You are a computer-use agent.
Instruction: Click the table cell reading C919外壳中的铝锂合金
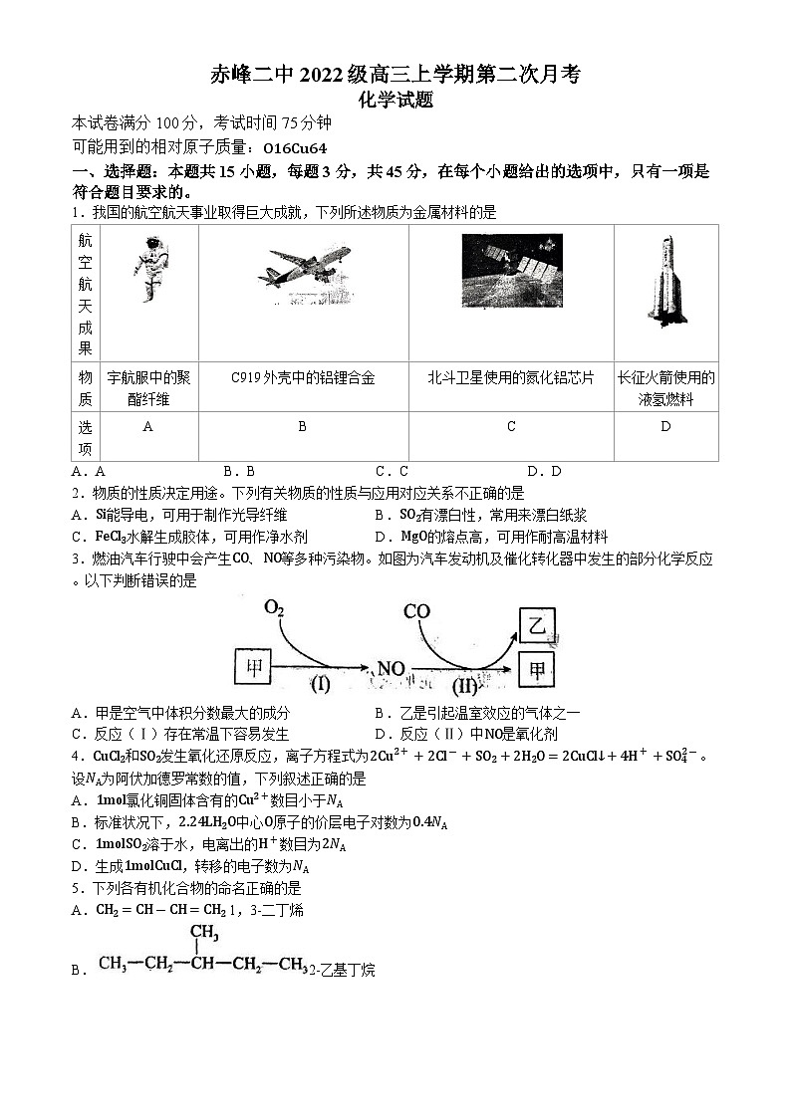point(303,377)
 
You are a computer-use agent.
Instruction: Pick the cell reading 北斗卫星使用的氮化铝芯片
point(510,377)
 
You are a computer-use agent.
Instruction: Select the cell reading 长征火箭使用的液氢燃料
point(665,388)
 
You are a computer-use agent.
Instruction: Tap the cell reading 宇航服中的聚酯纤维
point(148,388)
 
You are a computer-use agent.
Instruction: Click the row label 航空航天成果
point(85,294)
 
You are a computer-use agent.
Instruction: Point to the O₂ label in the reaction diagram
point(275,607)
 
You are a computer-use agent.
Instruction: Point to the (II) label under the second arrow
point(465,686)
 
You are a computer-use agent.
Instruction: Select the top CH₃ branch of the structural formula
point(204,932)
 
